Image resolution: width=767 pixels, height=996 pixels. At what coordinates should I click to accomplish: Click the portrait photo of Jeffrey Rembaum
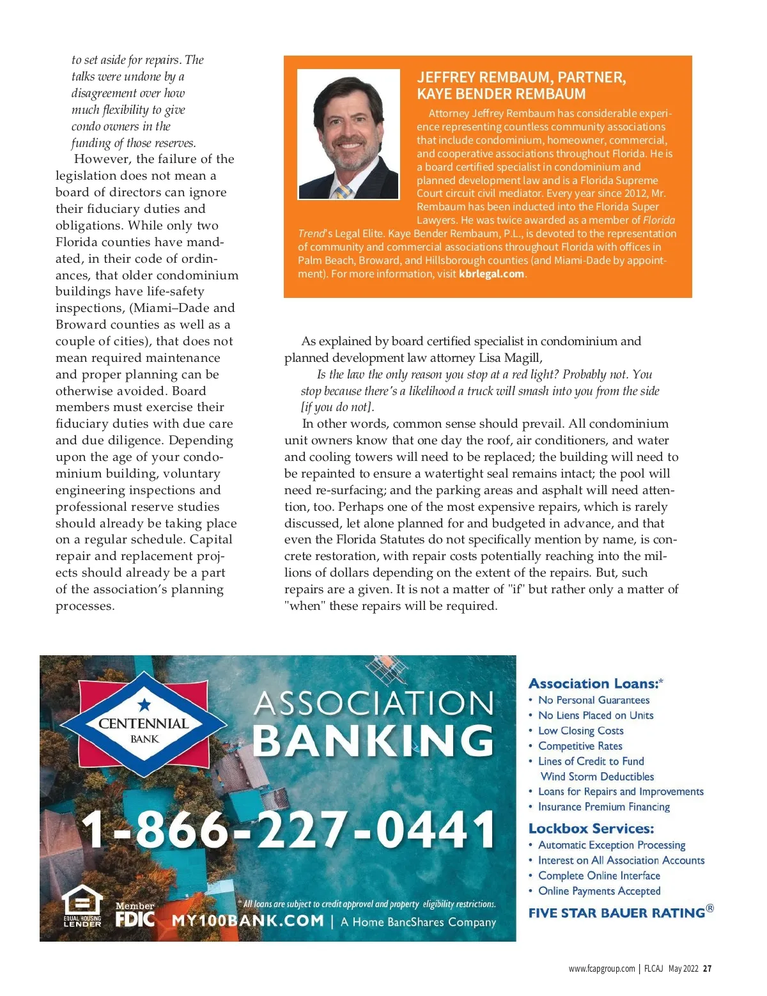[x=348, y=134]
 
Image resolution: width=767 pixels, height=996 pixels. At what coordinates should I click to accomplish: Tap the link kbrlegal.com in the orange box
[x=492, y=274]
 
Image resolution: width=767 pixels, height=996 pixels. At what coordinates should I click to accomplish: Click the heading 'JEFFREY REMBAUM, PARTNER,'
[x=521, y=77]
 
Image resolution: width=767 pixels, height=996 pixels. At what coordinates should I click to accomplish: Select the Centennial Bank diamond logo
[x=144, y=730]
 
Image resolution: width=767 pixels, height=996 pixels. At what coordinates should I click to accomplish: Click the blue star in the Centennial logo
[x=144, y=704]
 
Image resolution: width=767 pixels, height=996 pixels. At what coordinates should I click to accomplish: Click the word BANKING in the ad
[x=373, y=741]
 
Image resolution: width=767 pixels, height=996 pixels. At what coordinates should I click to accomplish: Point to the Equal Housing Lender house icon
[x=82, y=903]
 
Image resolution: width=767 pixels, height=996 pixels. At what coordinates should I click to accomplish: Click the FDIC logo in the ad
[x=136, y=919]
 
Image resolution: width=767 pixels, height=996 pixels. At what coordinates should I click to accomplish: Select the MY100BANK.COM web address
[x=248, y=921]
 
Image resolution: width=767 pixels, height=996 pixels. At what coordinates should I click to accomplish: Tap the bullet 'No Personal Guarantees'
[x=594, y=700]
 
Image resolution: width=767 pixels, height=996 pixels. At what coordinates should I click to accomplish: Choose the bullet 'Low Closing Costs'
[x=580, y=731]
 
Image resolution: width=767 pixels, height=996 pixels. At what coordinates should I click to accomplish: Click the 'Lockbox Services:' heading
[x=591, y=829]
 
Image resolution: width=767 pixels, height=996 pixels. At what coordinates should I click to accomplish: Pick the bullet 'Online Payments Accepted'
[x=599, y=891]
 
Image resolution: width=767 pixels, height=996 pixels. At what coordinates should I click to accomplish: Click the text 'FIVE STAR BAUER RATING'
[x=617, y=913]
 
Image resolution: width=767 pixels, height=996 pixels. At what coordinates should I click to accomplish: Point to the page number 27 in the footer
[x=707, y=969]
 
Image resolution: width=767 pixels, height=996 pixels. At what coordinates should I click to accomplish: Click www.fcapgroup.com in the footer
[x=601, y=969]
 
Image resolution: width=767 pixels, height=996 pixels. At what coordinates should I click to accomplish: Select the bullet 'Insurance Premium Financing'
[x=604, y=807]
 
